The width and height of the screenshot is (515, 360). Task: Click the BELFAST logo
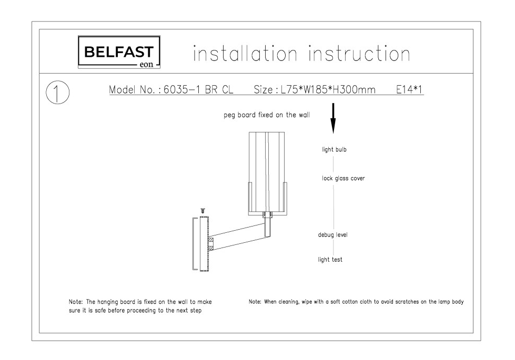(119, 52)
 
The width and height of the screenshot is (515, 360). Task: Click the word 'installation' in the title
(245, 54)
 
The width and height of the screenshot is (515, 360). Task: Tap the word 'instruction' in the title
(359, 54)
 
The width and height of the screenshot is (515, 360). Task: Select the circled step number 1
(58, 92)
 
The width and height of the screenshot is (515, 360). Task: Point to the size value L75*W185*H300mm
(328, 89)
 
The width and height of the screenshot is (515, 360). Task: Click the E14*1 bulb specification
(409, 89)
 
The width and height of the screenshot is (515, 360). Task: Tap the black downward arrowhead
(333, 126)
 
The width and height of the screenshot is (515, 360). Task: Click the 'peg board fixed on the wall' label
(267, 115)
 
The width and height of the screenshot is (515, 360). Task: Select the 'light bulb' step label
(334, 150)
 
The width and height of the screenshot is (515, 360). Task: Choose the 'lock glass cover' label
(343, 179)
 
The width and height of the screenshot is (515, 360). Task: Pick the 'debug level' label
(332, 235)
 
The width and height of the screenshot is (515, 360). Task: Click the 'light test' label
(330, 260)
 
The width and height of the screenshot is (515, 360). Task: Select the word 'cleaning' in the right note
(289, 302)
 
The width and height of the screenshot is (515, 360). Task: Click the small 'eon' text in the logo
(146, 64)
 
